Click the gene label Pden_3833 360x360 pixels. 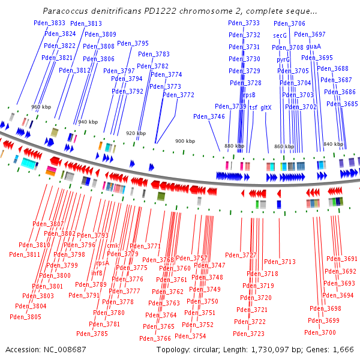(x=50, y=23)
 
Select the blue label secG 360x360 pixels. (x=280, y=35)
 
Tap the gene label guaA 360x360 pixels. (x=313, y=46)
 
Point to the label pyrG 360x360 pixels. (x=283, y=59)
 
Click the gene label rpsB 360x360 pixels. (x=248, y=95)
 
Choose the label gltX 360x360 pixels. (x=266, y=107)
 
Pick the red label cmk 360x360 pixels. (x=112, y=245)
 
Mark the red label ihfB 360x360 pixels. (x=97, y=273)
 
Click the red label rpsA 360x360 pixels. (x=102, y=262)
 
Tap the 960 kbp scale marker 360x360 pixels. (x=40, y=107)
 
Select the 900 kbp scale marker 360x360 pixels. (x=185, y=141)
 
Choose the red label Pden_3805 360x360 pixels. (x=26, y=317)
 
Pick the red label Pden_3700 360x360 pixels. (x=320, y=332)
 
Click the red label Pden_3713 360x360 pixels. (x=280, y=262)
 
